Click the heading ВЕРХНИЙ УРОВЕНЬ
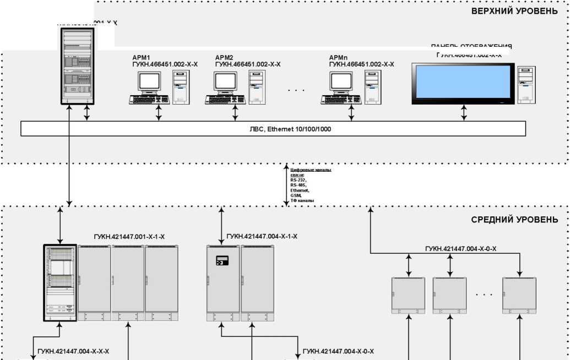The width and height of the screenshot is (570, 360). click(514, 11)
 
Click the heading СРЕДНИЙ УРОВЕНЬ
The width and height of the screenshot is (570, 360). click(514, 220)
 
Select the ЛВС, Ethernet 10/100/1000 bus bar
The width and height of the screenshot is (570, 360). click(273, 128)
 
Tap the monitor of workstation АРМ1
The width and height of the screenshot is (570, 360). click(149, 81)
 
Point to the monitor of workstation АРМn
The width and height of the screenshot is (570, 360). click(341, 81)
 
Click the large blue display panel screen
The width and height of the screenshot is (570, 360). click(462, 83)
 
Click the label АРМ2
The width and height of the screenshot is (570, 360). click(224, 57)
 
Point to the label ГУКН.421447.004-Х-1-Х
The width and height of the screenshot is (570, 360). click(262, 237)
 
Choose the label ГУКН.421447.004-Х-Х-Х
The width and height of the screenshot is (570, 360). click(73, 351)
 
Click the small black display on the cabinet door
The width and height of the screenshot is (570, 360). click(222, 260)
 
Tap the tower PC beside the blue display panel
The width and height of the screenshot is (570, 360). click(526, 84)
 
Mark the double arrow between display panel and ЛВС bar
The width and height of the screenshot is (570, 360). click(464, 113)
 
